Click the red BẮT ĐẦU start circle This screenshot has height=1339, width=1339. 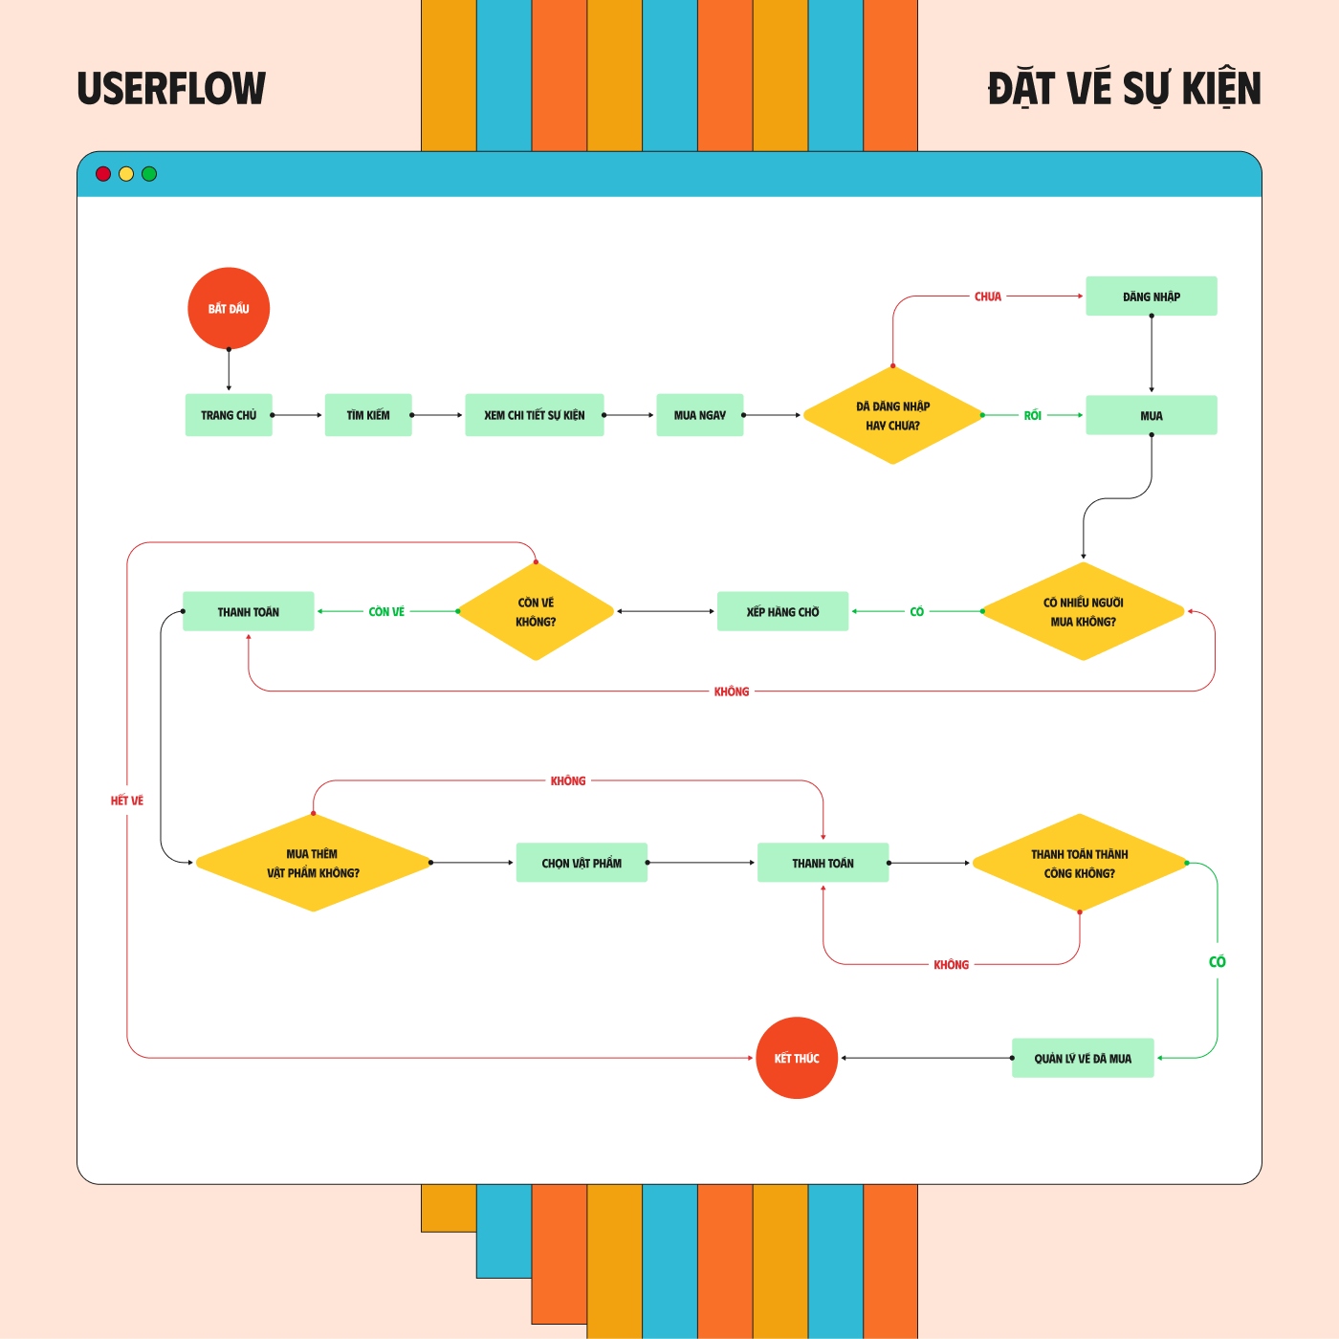pos(229,309)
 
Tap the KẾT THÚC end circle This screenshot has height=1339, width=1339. pos(797,1058)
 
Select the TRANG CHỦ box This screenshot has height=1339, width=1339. pos(229,415)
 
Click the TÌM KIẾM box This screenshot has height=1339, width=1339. pos(368,415)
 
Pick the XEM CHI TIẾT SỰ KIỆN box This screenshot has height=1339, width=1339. pos(535,415)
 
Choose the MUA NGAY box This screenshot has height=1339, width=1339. pos(700,415)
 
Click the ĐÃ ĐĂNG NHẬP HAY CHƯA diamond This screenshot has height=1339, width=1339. pos(893,415)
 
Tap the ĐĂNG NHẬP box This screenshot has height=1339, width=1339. pos(1152,296)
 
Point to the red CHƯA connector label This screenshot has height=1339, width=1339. pos(987,296)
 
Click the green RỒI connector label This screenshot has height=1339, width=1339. pos(1033,415)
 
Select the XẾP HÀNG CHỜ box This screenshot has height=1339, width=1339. pos(782,611)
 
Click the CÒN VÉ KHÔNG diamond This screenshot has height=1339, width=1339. pos(536,611)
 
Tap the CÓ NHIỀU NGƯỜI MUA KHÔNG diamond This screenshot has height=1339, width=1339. pos(1083,611)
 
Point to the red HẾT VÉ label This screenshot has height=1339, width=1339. pos(127,801)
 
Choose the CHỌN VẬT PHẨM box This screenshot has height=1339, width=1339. pos(582,863)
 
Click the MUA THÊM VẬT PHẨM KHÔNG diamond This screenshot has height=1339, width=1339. pos(314,863)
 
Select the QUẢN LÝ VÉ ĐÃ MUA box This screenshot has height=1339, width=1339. pos(1083,1058)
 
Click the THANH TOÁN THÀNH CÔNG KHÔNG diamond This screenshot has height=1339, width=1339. pos(1080,863)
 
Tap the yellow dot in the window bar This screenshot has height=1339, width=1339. pos(125,174)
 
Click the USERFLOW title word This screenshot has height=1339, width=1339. pos(171,88)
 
